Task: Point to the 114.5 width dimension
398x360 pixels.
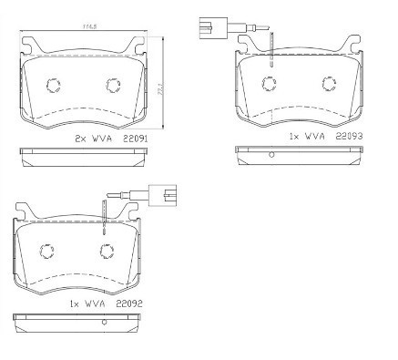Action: pyautogui.click(x=90, y=30)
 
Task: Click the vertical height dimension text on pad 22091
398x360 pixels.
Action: pyautogui.click(x=162, y=87)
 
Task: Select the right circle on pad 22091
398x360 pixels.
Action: pyautogui.click(x=114, y=86)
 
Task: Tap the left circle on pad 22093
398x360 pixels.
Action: pyautogui.click(x=269, y=85)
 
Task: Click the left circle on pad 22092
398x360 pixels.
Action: pyautogui.click(x=46, y=252)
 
